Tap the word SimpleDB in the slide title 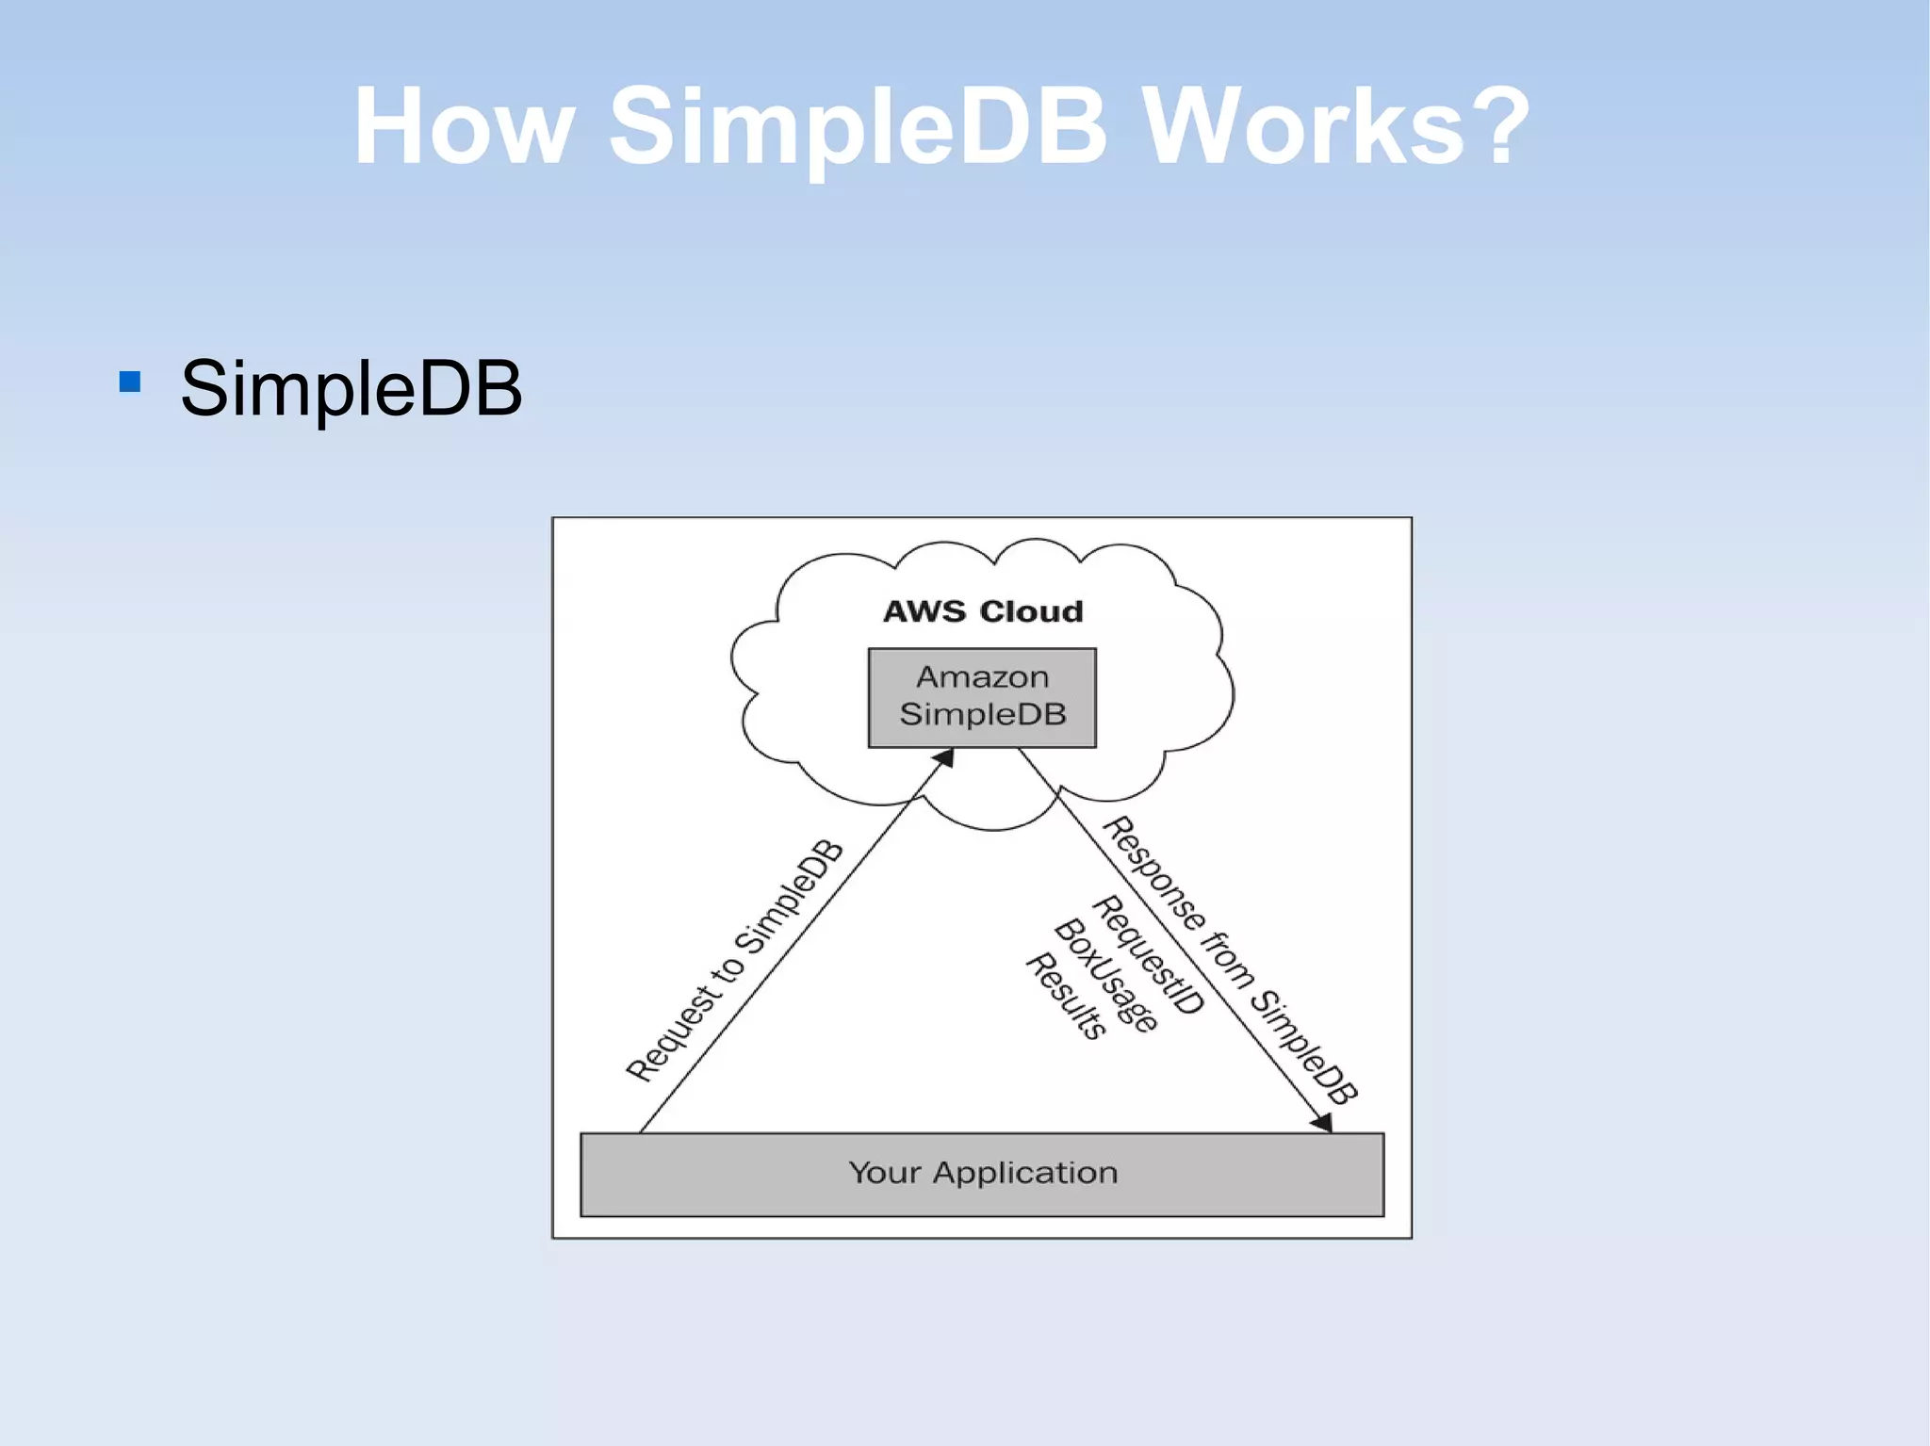[x=858, y=127]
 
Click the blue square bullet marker [x=130, y=382]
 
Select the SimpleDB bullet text [x=351, y=387]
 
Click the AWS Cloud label [x=983, y=611]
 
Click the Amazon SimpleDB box [x=982, y=697]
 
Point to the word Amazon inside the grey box [x=982, y=677]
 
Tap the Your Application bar [x=982, y=1174]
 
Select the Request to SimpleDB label [x=735, y=961]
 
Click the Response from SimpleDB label [x=1230, y=961]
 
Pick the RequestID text [x=1148, y=955]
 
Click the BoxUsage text [x=1104, y=976]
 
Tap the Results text [x=1065, y=997]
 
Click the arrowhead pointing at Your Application [x=1322, y=1122]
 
